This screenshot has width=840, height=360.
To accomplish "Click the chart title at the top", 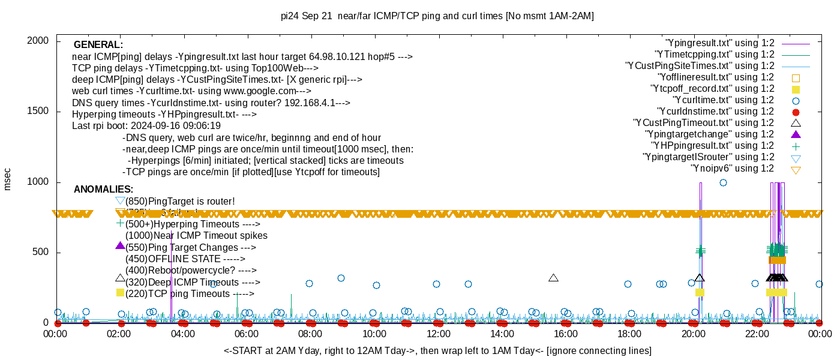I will pyautogui.click(x=437, y=16).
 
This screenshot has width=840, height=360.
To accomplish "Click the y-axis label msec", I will pyautogui.click(x=7, y=179).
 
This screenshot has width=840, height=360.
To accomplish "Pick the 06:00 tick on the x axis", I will pyautogui.click(x=247, y=334).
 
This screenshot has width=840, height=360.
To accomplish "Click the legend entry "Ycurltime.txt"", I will pyautogui.click(x=723, y=100).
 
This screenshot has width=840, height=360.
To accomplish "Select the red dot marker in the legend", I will pyautogui.click(x=796, y=112).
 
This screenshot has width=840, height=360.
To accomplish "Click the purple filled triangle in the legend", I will pyautogui.click(x=796, y=134).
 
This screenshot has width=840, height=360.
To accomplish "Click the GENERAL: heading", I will pyautogui.click(x=98, y=45).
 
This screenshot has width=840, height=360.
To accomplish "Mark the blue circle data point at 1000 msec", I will pyautogui.click(x=723, y=182).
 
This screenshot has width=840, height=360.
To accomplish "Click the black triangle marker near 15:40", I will pyautogui.click(x=553, y=278).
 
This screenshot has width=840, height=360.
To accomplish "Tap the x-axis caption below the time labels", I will pyautogui.click(x=437, y=350).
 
